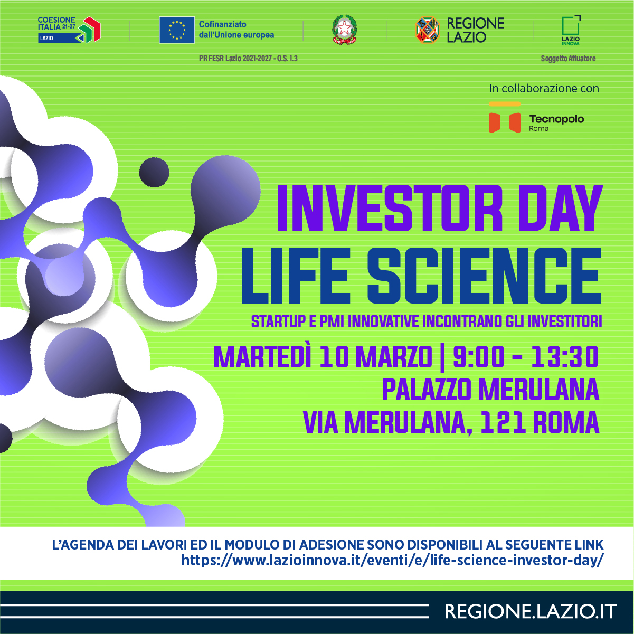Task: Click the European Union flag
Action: tap(177, 30)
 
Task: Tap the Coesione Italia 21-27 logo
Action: tap(69, 30)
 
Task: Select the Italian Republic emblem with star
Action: tap(345, 30)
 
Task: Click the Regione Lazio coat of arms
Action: tap(428, 30)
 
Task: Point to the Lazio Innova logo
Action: tap(571, 30)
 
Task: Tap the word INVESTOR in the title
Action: tap(390, 208)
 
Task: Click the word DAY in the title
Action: tap(560, 208)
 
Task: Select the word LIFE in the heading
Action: tap(295, 276)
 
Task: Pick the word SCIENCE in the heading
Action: tap(484, 276)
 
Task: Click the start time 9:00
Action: tap(479, 357)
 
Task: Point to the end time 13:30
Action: tap(565, 357)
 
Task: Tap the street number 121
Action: tap(503, 422)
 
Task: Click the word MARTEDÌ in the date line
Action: tap(262, 357)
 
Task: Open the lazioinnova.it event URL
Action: tap(393, 560)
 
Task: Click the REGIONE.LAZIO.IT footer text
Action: tap(531, 612)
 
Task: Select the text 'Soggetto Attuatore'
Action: tap(568, 59)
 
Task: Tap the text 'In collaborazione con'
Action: tap(544, 89)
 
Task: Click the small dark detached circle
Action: tap(154, 172)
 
